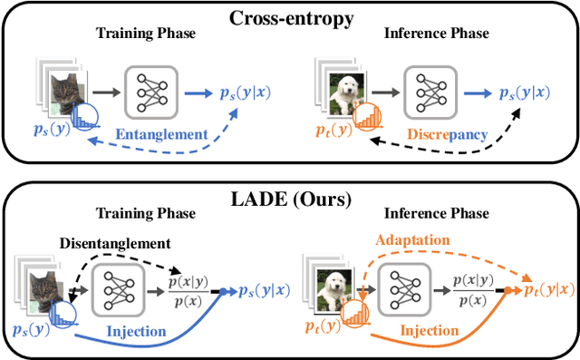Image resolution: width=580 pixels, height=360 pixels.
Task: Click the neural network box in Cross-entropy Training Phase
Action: pos(150,91)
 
